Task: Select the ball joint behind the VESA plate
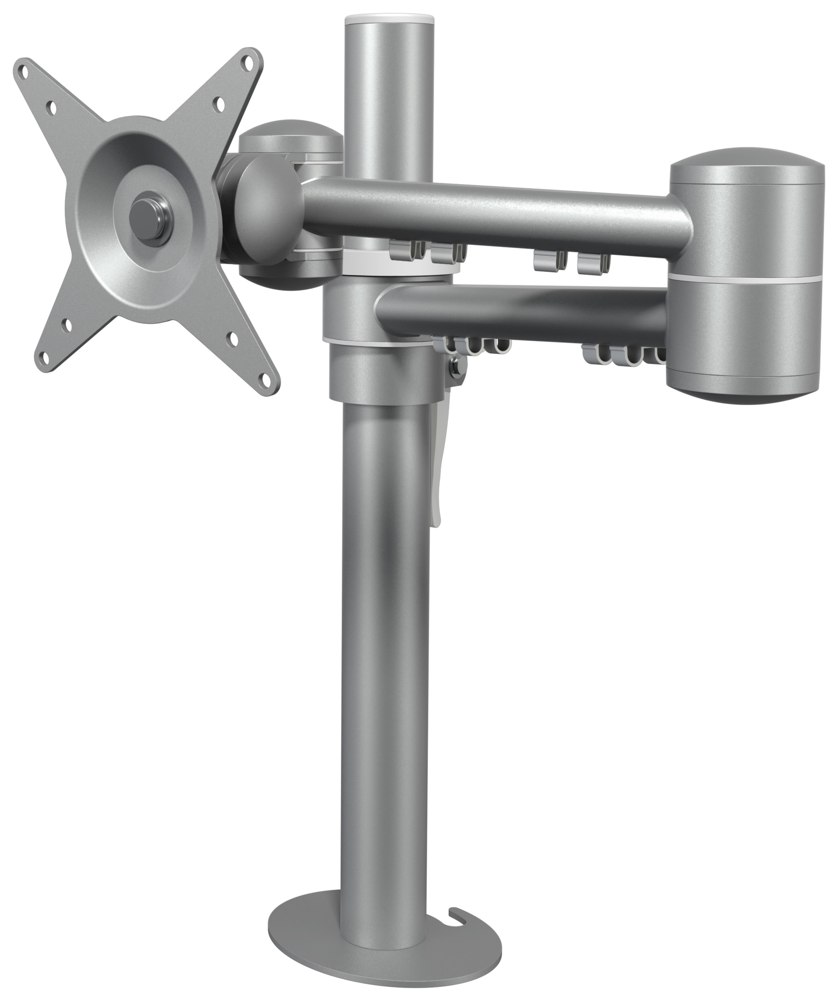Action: click(266, 209)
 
